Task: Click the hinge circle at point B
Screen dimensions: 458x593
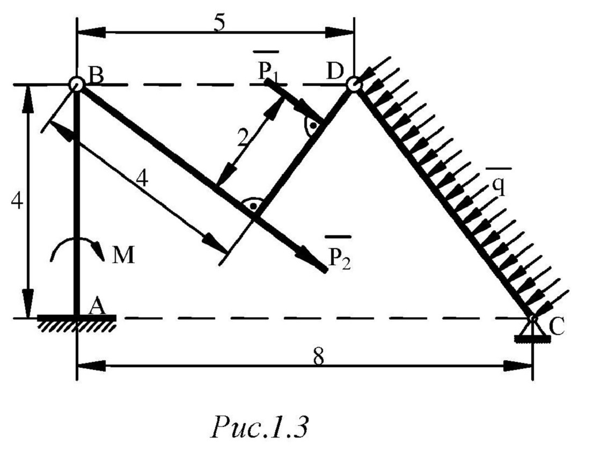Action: coord(77,84)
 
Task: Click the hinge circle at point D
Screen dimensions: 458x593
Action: coord(353,84)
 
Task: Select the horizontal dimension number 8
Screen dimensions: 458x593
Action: coord(318,357)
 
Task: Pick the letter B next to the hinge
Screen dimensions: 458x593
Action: coord(97,76)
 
